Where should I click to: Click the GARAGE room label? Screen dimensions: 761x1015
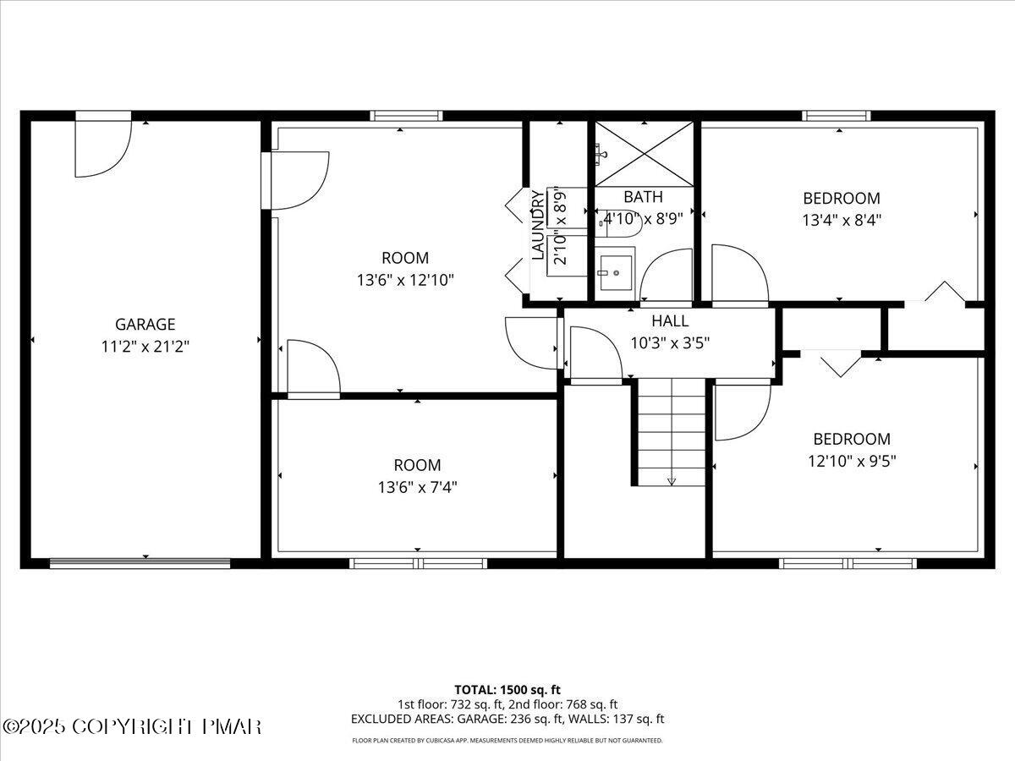click(145, 324)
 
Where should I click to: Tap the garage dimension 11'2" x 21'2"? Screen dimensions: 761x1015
click(145, 346)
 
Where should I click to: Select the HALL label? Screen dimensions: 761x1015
click(670, 321)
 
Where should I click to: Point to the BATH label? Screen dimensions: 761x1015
click(644, 197)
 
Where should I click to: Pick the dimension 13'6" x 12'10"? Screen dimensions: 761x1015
click(405, 280)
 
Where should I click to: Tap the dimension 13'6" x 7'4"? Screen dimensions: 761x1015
click(417, 487)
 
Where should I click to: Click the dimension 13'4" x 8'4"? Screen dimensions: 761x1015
click(842, 220)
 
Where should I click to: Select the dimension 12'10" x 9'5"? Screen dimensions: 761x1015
click(852, 461)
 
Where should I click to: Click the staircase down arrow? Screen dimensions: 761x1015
click(672, 480)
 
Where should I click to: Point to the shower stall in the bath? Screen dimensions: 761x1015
click(644, 153)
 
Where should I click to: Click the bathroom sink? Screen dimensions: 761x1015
click(617, 271)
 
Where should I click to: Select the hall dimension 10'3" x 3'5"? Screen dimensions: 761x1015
click(670, 342)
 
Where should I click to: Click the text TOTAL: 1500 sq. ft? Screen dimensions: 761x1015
click(507, 689)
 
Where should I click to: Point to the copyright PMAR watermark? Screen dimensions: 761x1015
click(133, 726)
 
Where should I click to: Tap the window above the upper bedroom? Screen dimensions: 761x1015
click(837, 115)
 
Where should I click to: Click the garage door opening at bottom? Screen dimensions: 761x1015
click(140, 563)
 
